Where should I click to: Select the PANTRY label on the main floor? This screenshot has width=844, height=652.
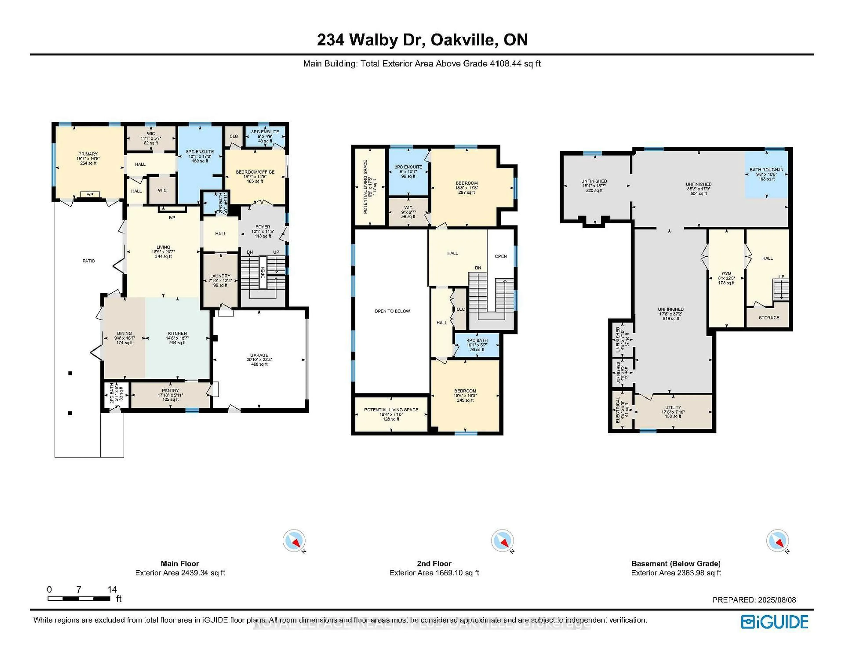pyautogui.click(x=170, y=391)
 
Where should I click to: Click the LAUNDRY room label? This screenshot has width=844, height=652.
pyautogui.click(x=220, y=276)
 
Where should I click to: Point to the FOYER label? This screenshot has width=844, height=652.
pyautogui.click(x=263, y=227)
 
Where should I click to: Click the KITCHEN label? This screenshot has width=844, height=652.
pyautogui.click(x=177, y=333)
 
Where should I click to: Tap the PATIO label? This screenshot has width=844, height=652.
pyautogui.click(x=89, y=261)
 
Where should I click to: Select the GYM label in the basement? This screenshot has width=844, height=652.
pyautogui.click(x=726, y=273)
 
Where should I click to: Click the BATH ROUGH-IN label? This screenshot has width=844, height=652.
pyautogui.click(x=766, y=170)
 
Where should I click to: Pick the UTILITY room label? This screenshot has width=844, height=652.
pyautogui.click(x=673, y=407)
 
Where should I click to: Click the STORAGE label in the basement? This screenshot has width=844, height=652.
pyautogui.click(x=769, y=317)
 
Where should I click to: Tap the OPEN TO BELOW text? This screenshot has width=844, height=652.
pyautogui.click(x=392, y=311)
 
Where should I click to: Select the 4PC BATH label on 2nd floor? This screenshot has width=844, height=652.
pyautogui.click(x=477, y=340)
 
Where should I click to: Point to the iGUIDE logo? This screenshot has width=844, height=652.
pyautogui.click(x=775, y=622)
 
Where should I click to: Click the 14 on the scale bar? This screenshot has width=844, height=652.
pyautogui.click(x=112, y=589)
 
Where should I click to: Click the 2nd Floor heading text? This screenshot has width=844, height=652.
pyautogui.click(x=434, y=563)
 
